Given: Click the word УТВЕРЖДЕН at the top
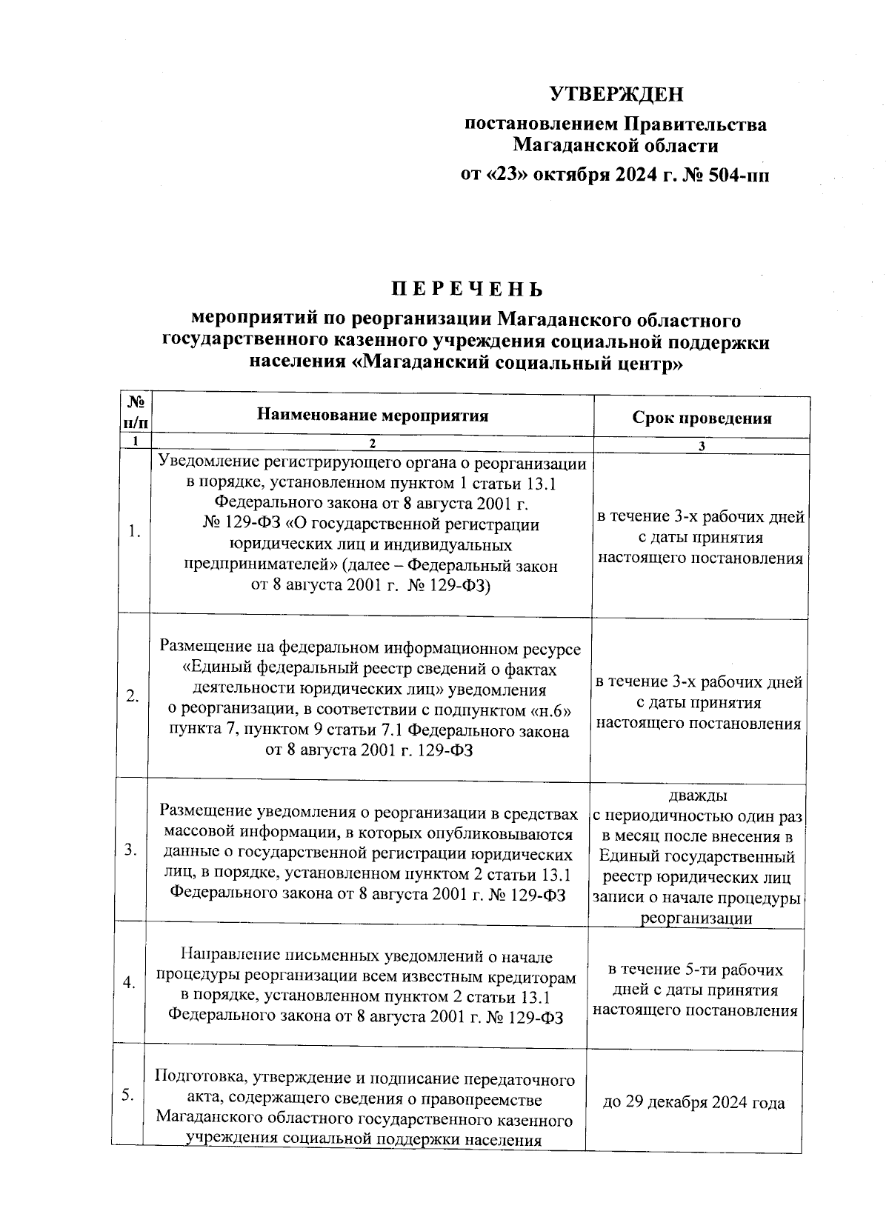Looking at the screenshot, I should click(616, 94).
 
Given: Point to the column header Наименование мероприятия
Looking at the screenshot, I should click(373, 415).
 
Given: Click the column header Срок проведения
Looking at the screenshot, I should click(702, 418).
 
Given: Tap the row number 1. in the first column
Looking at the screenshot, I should click(133, 531).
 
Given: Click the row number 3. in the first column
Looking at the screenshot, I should click(130, 850).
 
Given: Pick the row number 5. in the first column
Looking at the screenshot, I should click(127, 1096).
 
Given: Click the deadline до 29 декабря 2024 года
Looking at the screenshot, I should click(694, 1103).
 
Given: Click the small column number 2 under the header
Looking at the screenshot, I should click(373, 444).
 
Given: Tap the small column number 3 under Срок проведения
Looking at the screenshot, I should click(702, 446).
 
